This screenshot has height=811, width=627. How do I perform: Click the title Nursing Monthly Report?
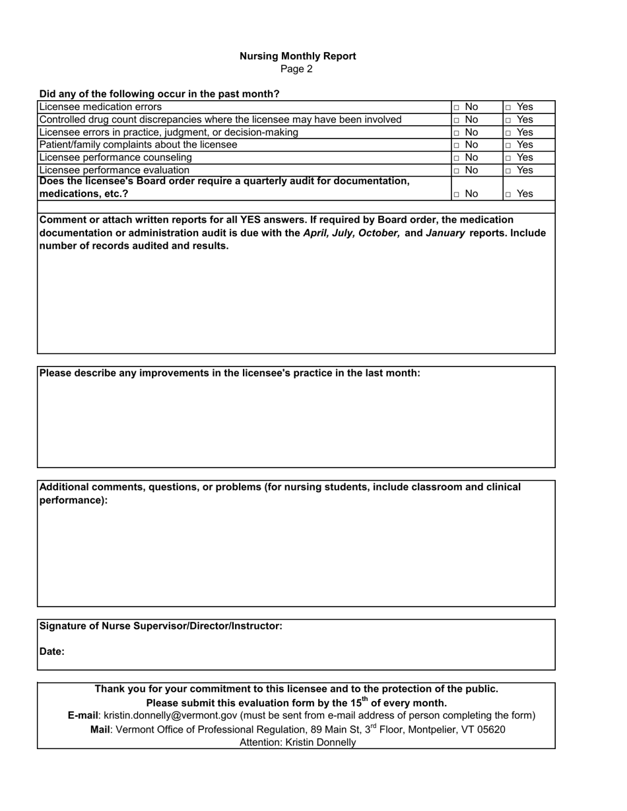pos(298,56)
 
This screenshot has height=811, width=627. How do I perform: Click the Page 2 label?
pos(296,69)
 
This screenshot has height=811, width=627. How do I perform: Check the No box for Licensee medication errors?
pos(456,107)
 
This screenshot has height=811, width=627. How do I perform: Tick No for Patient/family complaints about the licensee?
pos(456,145)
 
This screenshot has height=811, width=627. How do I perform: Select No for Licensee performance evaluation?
pos(456,170)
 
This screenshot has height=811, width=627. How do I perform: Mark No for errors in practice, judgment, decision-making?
pos(456,133)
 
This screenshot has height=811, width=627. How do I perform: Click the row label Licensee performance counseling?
pos(115,158)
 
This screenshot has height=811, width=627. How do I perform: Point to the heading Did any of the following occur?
pos(159,94)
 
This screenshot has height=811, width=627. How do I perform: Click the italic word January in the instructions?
pos(445,233)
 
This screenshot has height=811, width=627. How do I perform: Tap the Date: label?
pos(52,651)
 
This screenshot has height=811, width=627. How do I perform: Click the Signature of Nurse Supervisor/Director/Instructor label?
pos(161,626)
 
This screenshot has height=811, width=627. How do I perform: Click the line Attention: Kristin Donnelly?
pos(298,742)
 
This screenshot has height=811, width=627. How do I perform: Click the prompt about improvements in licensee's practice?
pos(230,373)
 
